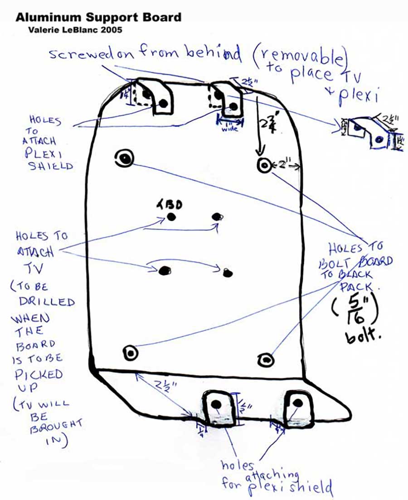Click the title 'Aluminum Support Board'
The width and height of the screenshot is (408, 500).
pos(98,18)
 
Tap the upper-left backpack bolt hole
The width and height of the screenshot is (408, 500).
pos(124,158)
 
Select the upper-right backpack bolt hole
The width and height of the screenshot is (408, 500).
pos(264,165)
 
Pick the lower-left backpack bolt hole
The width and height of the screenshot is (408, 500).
pos(130,353)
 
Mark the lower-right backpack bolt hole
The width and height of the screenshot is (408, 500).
pos(265,360)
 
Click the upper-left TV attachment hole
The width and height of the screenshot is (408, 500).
pos(171,216)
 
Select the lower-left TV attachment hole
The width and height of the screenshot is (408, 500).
pos(164,270)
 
